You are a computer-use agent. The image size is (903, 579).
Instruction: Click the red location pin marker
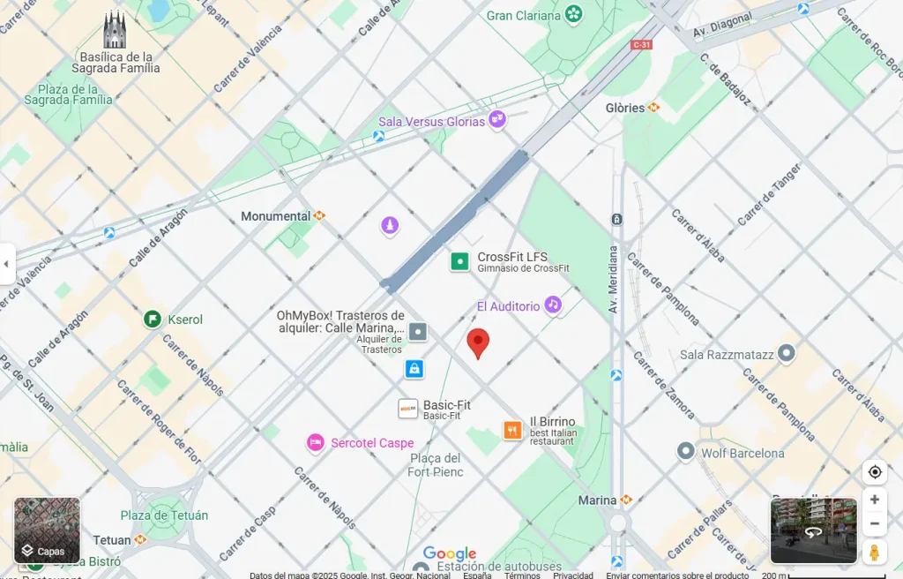point(478,342)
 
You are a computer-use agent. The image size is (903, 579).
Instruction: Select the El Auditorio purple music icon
point(553,305)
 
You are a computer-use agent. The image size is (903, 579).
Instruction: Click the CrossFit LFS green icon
point(459,261)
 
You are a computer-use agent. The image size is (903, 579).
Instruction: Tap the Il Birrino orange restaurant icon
point(512,430)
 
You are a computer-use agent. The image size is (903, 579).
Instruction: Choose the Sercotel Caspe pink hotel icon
point(315,442)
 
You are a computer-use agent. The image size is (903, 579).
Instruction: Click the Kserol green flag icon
point(152,319)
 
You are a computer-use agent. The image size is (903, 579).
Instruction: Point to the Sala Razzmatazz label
point(727,355)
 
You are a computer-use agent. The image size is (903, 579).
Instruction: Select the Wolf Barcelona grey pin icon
point(686,452)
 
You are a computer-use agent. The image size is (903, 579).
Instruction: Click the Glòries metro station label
point(625,108)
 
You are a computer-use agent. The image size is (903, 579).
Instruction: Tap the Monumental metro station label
point(276,215)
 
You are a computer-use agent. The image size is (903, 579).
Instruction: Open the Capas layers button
point(47,530)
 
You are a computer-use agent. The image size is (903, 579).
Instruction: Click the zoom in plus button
point(874,500)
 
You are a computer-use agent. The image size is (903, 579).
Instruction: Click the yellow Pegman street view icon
point(874,552)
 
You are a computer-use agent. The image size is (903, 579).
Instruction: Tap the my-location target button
point(874,472)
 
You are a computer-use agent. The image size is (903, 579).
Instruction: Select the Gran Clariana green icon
point(574,14)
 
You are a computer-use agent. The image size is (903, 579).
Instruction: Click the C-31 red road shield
point(641,44)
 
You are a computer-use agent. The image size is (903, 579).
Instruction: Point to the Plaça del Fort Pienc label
point(435,464)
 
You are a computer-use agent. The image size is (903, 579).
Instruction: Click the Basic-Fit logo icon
point(407,409)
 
